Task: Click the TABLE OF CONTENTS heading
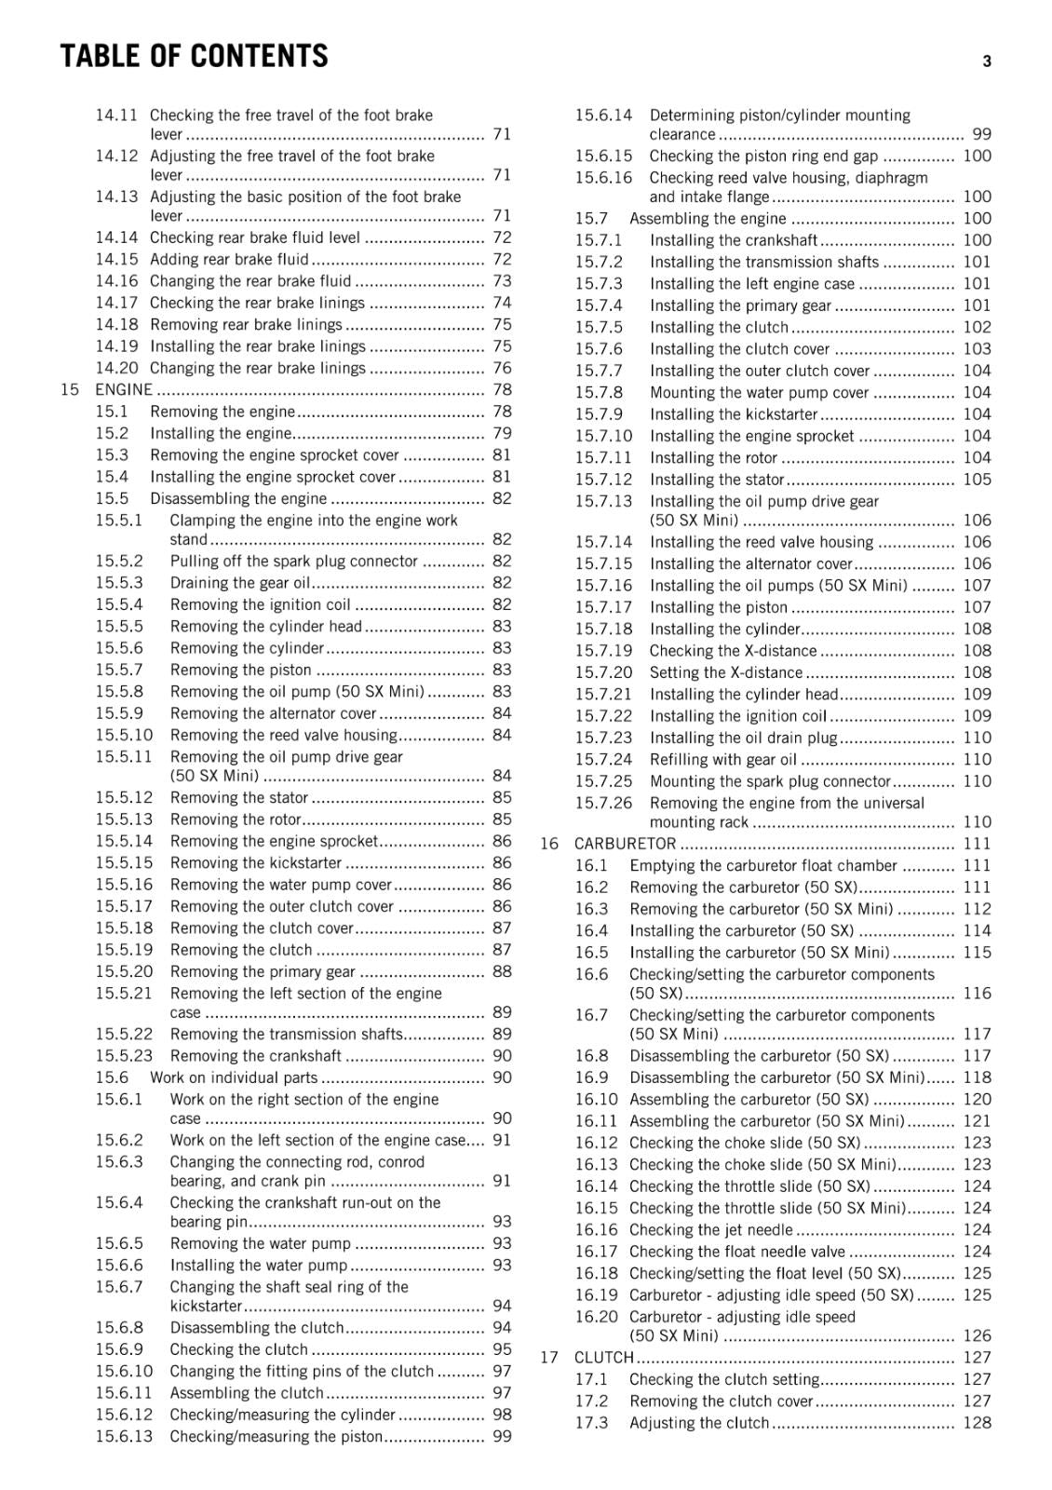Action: click(x=195, y=57)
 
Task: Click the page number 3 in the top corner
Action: click(x=986, y=62)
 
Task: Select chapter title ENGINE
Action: click(x=124, y=389)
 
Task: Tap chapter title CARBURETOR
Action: click(x=625, y=844)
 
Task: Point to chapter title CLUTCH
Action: click(x=603, y=1358)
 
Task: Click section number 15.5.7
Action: click(x=119, y=670)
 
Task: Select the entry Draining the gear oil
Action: click(x=239, y=583)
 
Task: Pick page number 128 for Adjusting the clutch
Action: click(x=977, y=1423)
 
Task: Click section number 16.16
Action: click(x=596, y=1230)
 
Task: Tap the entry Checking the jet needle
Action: click(x=710, y=1230)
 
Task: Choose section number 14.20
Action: click(x=116, y=368)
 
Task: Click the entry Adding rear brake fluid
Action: click(x=229, y=259)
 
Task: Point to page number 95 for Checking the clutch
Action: click(x=502, y=1349)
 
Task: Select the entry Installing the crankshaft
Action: click(x=734, y=240)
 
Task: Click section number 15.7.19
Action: click(x=603, y=651)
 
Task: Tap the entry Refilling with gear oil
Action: click(x=723, y=760)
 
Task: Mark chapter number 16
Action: click(x=549, y=844)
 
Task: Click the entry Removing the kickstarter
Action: click(x=256, y=863)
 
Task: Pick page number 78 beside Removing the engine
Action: click(x=502, y=412)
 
